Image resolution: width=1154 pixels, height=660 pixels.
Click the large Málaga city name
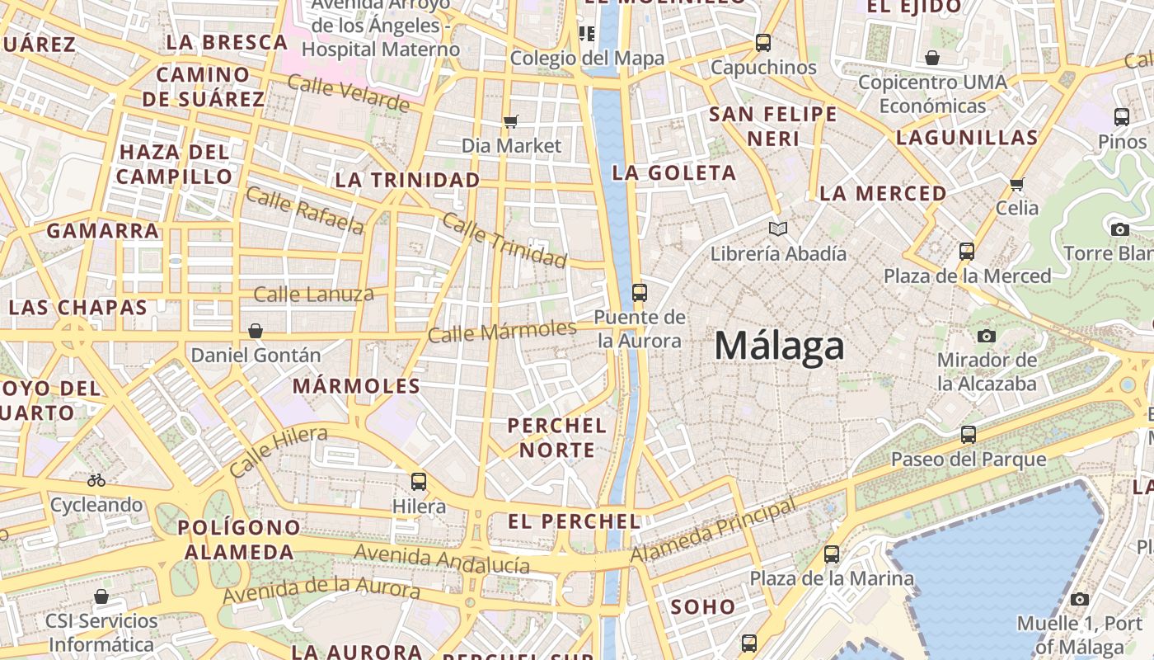coord(779,346)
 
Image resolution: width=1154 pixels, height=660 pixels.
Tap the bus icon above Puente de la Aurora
coord(639,292)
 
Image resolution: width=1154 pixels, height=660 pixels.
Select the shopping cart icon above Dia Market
coord(511,122)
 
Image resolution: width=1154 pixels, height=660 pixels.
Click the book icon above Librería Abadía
coord(777,229)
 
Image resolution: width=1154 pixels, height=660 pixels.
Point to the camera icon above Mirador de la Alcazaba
coord(986,336)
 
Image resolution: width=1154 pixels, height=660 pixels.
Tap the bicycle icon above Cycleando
coord(96,479)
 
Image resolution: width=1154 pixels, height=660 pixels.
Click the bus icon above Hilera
coord(419,481)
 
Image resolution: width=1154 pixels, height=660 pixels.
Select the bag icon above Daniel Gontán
coord(256,331)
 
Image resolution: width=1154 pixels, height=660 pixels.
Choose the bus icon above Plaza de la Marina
coord(832,554)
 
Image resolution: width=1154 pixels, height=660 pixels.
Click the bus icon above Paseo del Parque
coord(969,434)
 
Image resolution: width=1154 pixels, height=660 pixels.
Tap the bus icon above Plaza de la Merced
coord(967,251)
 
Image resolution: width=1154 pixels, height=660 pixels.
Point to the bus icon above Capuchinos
coord(763,42)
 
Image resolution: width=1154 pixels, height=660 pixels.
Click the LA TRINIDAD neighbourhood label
coord(407,180)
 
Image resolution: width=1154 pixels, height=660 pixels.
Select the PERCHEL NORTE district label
coord(557,438)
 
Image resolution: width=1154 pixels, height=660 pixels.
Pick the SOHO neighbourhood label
coord(702,607)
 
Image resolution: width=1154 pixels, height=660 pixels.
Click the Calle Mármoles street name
coord(502,331)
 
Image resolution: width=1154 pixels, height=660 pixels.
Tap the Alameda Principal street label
coord(713,530)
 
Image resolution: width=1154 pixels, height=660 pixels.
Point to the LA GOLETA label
coord(674,172)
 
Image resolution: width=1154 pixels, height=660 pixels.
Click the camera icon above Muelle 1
coord(1080,599)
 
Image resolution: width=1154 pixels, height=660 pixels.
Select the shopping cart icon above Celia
coord(1017,183)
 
